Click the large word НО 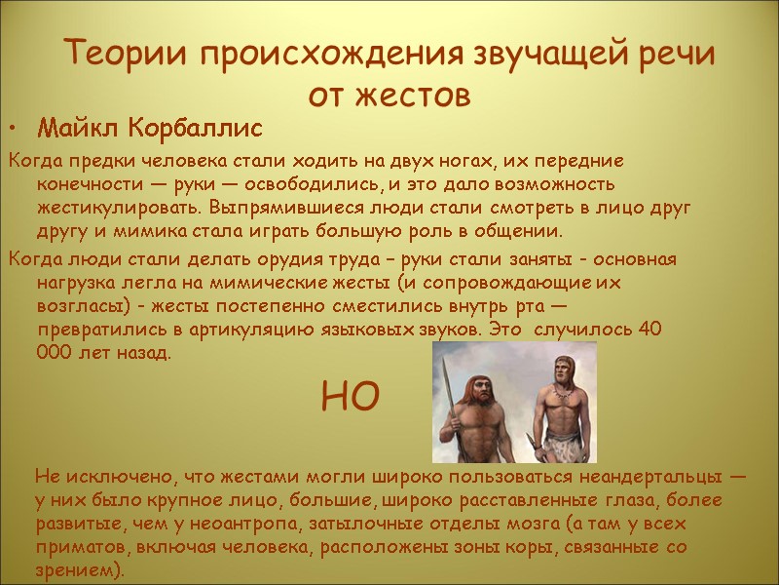[x=348, y=398]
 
